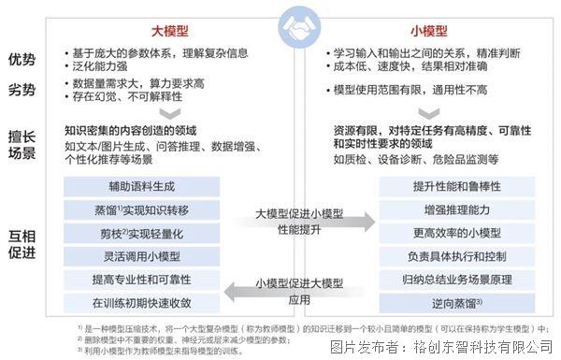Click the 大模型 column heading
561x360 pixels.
141,29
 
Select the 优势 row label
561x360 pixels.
24,60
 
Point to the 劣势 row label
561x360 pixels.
24,91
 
